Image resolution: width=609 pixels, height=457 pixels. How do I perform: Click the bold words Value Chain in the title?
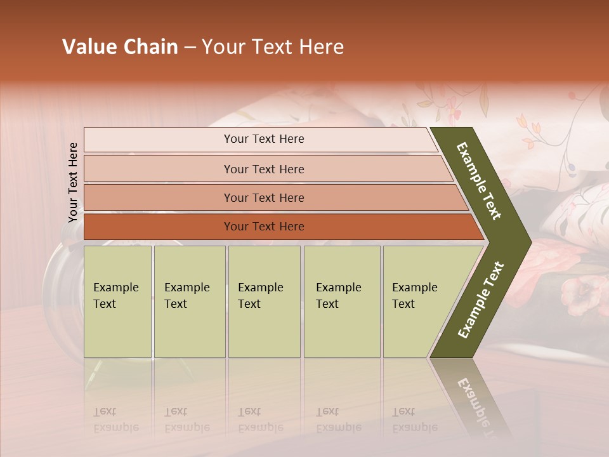[120, 47]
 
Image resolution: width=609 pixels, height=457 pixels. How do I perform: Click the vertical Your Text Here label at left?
[73, 182]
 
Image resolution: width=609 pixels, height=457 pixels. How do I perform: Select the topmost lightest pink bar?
[260, 139]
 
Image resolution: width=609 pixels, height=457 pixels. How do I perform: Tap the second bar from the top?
[266, 169]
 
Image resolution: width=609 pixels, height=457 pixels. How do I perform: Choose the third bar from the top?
[273, 197]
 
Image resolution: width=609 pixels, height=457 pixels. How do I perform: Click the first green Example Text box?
[117, 301]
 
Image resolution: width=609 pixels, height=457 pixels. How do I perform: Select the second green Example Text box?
[189, 301]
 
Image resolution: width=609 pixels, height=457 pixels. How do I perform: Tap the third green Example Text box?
[264, 301]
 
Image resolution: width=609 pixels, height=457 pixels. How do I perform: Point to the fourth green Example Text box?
[342, 301]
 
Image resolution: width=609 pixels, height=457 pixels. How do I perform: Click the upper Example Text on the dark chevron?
[479, 181]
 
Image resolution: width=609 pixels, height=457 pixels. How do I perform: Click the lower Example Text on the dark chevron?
[481, 300]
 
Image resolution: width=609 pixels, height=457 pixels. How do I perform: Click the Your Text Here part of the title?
[273, 47]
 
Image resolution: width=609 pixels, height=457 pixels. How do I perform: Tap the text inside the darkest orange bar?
[264, 227]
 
